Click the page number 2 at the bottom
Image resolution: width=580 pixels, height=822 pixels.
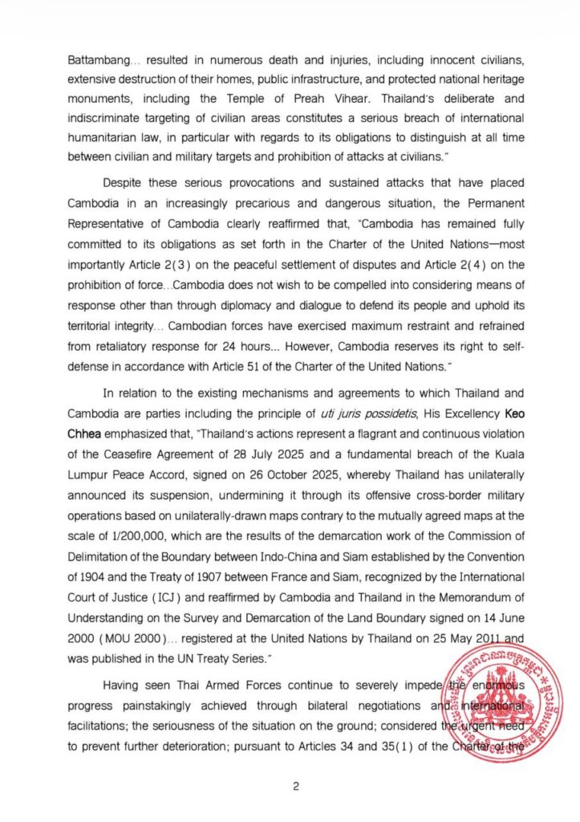tap(295, 786)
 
